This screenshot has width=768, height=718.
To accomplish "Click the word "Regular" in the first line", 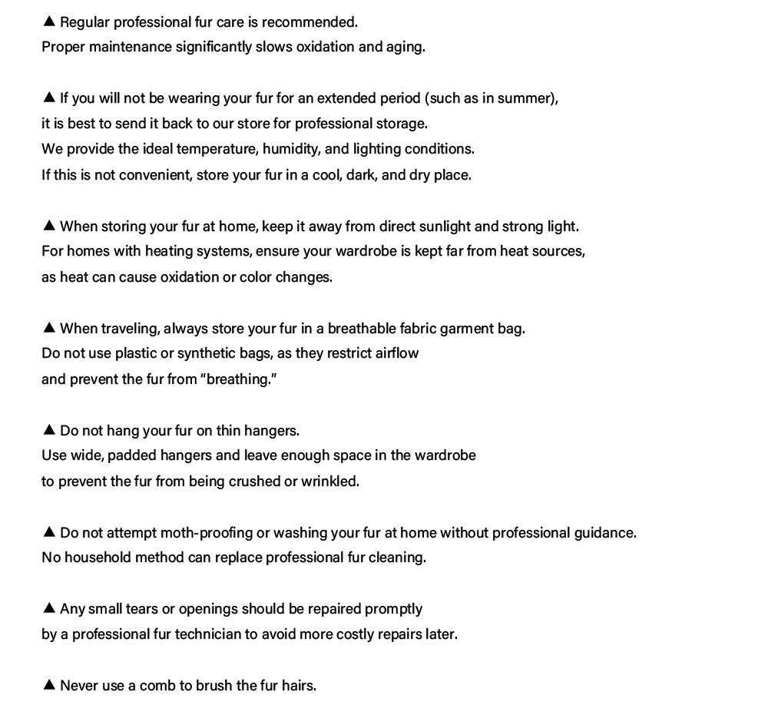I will [x=85, y=22].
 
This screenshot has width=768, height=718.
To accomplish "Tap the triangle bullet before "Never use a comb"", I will [x=48, y=685].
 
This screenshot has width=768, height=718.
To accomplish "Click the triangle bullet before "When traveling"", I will [x=48, y=328].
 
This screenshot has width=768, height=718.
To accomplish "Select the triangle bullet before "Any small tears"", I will [x=48, y=608].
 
